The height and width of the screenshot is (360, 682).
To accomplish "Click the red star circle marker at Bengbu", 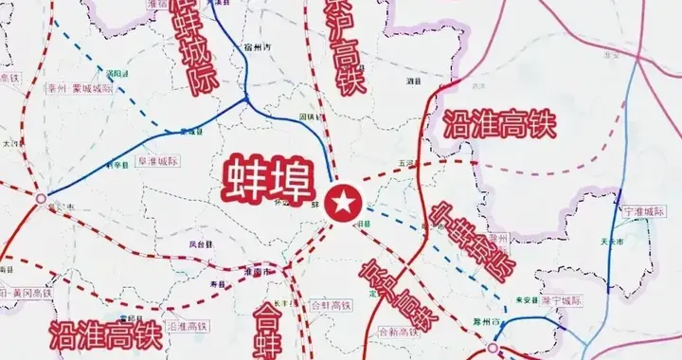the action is coord(342,202).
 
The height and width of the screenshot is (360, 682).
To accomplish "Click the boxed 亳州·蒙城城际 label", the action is coord(80,88).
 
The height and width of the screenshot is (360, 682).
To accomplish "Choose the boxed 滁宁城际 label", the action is coord(562,300).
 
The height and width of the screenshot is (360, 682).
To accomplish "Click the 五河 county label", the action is coord(408,163).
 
